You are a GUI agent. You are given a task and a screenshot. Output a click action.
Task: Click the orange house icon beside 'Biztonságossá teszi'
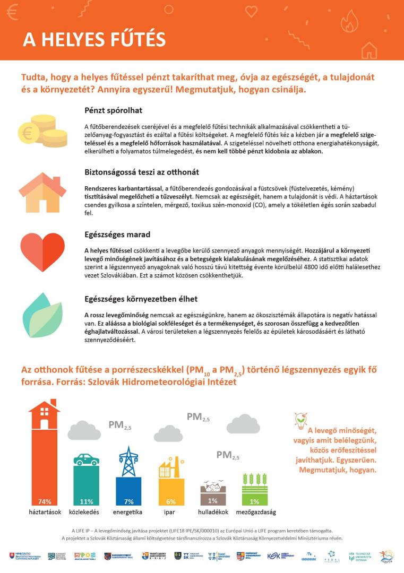(x=42, y=192)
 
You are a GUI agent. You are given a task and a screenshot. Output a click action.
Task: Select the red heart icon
(x=42, y=252)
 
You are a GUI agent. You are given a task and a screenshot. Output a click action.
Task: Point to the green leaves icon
(x=42, y=316)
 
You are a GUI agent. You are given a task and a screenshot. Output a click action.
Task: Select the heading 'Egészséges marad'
(x=117, y=234)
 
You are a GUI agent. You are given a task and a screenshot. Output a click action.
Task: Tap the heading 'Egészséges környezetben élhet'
(x=141, y=299)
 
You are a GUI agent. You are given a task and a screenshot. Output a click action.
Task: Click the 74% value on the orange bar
(x=44, y=501)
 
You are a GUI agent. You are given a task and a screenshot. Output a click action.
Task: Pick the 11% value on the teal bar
(x=86, y=501)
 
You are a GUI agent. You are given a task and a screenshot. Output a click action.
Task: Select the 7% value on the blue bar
(x=128, y=501)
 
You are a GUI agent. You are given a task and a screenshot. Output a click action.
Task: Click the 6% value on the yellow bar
(x=170, y=501)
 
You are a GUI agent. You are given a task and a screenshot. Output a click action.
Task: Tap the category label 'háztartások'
(x=45, y=512)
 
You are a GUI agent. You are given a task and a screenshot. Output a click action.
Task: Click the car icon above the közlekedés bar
(x=86, y=459)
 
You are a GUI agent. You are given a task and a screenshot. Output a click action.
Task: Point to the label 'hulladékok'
(x=213, y=512)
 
